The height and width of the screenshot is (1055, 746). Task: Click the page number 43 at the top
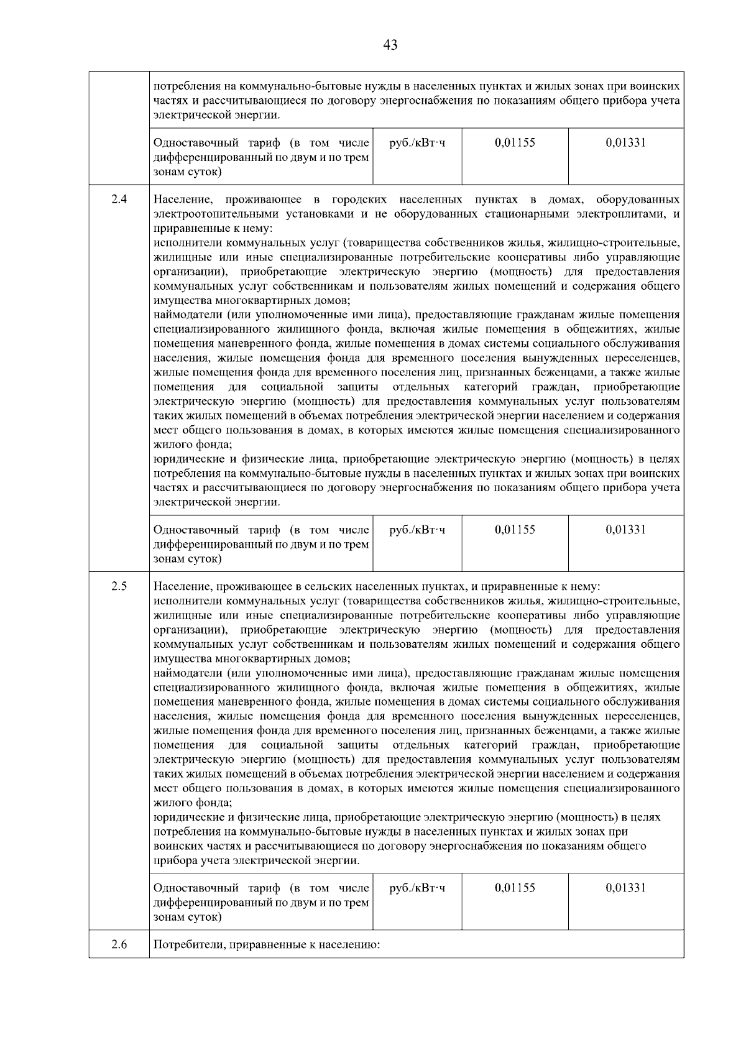coord(390,45)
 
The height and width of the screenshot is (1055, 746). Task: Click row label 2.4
coord(119,200)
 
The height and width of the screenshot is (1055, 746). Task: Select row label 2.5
coord(119,586)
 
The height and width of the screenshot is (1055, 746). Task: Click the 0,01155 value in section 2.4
coord(515,530)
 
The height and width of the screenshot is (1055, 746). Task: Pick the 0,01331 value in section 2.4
coord(625,530)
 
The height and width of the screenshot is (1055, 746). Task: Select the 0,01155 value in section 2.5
coord(515,888)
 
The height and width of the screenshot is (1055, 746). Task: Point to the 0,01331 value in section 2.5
coord(625,888)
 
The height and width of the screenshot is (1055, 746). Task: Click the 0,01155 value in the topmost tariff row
coord(515,142)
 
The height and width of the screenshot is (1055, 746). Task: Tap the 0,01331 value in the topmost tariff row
coord(625,142)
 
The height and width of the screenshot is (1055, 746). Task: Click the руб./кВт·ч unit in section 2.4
coord(417,530)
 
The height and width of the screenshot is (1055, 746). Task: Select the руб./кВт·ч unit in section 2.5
coord(417,888)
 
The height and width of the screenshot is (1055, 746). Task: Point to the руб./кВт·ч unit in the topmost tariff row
coord(417,142)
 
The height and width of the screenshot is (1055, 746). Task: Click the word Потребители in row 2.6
coord(189,946)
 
